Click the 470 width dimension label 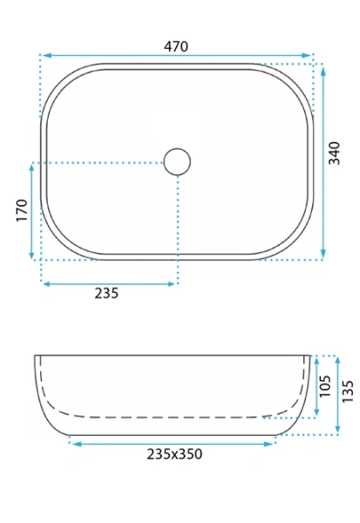(x=176, y=46)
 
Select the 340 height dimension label (x=335, y=153)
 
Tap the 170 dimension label (x=22, y=210)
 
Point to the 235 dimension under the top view (x=106, y=293)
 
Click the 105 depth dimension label (x=324, y=386)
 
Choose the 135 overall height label (x=347, y=391)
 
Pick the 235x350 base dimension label (x=174, y=454)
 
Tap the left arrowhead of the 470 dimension (x=45, y=55)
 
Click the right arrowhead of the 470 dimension (x=306, y=55)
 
